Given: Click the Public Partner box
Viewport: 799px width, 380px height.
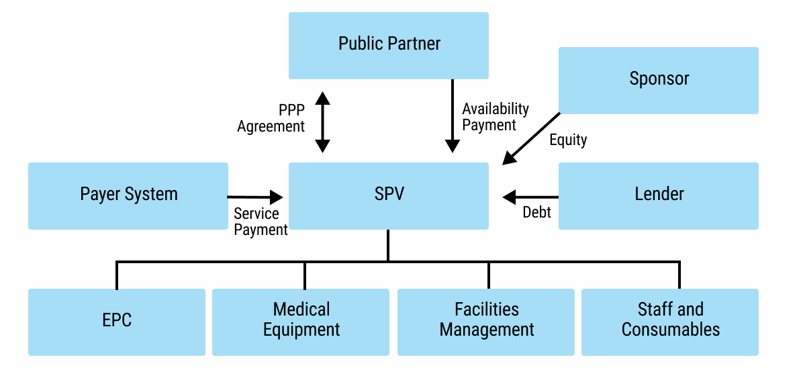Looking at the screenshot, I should (x=389, y=45).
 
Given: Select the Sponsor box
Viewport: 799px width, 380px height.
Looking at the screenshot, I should (x=659, y=79).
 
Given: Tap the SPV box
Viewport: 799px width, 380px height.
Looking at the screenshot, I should (x=389, y=195).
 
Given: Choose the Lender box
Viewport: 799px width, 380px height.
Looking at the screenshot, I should (x=659, y=195).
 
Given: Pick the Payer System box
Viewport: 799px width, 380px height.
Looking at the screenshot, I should (x=128, y=195).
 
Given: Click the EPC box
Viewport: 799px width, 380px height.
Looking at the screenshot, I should (x=117, y=321).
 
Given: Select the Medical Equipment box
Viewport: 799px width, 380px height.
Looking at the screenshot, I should (x=301, y=321).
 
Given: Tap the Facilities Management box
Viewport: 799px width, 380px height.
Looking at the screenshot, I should (x=486, y=321).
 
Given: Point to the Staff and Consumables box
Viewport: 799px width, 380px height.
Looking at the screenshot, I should (x=670, y=321).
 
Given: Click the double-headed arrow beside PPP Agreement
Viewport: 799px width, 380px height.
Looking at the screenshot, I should (x=323, y=122).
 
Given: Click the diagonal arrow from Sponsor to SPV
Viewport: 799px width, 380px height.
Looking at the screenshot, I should (x=531, y=138).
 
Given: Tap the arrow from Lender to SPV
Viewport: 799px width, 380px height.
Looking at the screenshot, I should (x=530, y=197).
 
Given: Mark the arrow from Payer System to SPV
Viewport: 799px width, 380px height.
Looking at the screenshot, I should (x=255, y=197).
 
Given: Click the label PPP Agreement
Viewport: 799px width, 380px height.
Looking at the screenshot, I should (x=272, y=118).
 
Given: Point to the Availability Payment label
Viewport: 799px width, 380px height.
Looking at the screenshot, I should (x=496, y=117).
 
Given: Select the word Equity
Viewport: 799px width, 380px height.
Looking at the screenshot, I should (x=568, y=140).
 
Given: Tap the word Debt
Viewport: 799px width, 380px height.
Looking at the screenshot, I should (x=536, y=213).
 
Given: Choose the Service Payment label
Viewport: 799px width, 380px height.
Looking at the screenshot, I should (x=261, y=222).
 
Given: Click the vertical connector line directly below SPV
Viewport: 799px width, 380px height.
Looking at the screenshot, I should (x=388, y=245).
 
